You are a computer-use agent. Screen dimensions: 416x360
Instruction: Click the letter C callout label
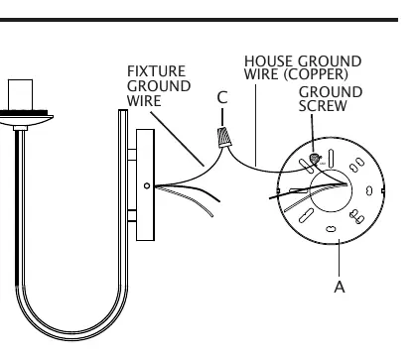coord(222,97)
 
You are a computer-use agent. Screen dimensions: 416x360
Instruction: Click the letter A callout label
coord(340,287)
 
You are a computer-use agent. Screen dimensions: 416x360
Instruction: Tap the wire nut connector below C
coord(224,137)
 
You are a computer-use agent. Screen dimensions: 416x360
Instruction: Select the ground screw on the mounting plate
coord(315,159)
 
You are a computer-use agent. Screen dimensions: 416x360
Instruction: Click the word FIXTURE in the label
coord(156,71)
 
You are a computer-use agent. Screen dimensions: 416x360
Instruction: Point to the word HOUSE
coord(268,61)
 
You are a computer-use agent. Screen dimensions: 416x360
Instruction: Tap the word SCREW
coord(323,106)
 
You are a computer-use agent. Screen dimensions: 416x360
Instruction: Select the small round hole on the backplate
coord(147,186)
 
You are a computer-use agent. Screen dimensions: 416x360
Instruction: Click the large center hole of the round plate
coord(331,190)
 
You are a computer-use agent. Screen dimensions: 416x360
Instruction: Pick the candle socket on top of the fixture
coord(20,95)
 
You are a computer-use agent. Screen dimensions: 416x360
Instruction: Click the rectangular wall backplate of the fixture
coord(145,184)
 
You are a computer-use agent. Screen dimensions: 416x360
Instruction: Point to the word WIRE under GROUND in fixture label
coord(144,101)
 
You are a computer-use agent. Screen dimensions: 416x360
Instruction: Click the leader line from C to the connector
coord(222,118)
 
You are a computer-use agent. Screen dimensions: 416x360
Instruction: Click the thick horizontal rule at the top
coord(199,20)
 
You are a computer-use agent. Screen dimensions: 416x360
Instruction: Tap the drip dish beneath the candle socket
coord(25,117)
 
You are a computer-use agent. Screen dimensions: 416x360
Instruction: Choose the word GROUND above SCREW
coord(331,92)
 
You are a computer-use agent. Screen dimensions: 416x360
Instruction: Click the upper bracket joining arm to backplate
coord(132,155)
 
